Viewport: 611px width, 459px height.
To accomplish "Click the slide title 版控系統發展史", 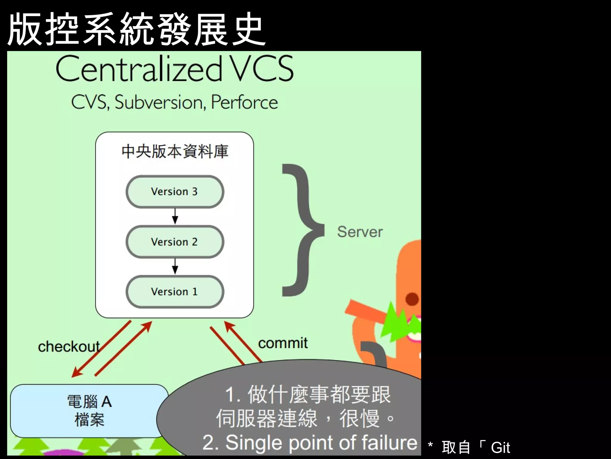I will point(136,29).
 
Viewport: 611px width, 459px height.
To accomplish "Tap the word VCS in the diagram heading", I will point(263,69).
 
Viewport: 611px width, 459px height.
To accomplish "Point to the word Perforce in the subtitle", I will point(244,102).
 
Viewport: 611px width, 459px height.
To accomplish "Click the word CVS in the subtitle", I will point(90,102).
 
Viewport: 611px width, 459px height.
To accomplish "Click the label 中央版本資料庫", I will point(175,152).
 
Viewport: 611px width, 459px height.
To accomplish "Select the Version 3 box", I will point(175,192).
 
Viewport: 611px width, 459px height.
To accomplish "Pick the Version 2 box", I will point(175,242).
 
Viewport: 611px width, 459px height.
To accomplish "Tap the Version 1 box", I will point(175,292).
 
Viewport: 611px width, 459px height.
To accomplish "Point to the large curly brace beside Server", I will point(301,230).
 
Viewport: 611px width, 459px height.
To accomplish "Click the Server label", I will point(360,232).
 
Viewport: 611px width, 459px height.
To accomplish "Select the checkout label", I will point(69,347).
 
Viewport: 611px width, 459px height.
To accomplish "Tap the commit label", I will point(283,343).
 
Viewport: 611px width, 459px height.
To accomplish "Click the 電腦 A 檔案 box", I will point(89,411).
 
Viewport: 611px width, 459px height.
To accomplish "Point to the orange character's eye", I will point(412,299).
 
